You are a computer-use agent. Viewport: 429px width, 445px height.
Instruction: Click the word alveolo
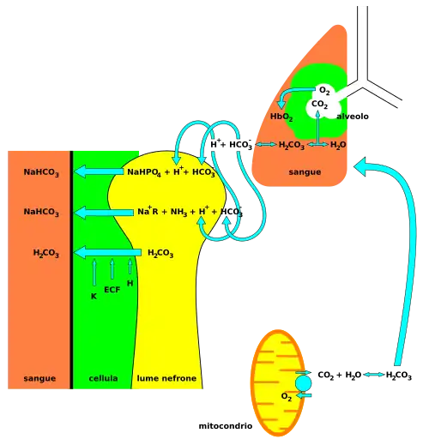point(353,117)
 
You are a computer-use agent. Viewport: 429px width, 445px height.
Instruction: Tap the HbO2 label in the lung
point(281,117)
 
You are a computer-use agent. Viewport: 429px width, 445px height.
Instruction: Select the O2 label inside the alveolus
point(324,91)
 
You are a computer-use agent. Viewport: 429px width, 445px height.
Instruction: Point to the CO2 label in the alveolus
point(319,105)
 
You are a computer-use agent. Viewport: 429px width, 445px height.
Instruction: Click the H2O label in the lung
point(338,145)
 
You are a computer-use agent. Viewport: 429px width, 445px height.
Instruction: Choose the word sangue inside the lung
point(305,172)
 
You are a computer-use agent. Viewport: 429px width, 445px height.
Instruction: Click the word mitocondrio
point(226,426)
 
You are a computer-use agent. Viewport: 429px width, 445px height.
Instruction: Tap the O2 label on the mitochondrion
point(287,397)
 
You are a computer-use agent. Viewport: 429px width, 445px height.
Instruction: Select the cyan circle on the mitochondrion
point(303,383)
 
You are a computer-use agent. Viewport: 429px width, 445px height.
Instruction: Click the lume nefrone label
point(166,378)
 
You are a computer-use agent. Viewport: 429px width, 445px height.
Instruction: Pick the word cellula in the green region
point(103,378)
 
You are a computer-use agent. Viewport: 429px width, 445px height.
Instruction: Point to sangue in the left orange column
point(39,379)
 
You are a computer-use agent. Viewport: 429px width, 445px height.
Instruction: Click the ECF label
point(112,290)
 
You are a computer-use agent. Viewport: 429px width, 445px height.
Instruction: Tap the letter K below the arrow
point(94,297)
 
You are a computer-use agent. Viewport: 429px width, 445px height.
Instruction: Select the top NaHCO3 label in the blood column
point(41,172)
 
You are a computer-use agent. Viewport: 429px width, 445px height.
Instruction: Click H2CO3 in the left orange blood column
point(46,253)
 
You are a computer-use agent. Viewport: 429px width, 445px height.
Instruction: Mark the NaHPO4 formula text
point(144,172)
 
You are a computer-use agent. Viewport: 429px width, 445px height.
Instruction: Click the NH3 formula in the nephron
point(178,212)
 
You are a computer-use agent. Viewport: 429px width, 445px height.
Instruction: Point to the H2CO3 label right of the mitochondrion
point(399,375)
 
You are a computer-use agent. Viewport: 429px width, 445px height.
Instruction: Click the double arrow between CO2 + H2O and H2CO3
point(373,375)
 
